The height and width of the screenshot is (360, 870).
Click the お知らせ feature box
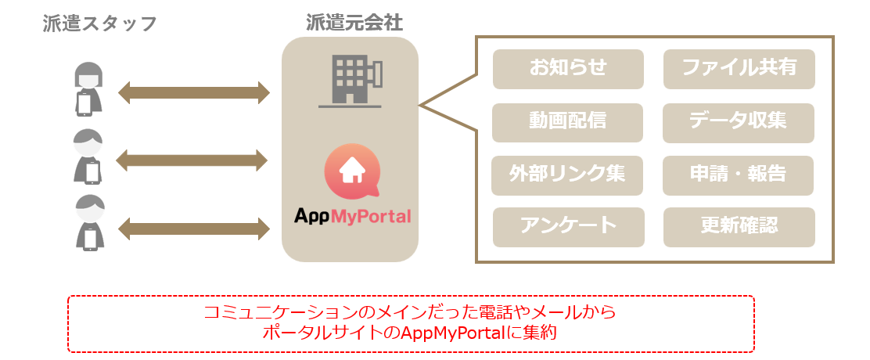[x=568, y=69]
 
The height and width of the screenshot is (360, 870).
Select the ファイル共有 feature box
[x=739, y=69]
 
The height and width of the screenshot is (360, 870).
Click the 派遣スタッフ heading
[x=100, y=23]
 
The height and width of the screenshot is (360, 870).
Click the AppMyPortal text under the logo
[x=352, y=216]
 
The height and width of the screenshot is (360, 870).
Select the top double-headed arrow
[x=193, y=93]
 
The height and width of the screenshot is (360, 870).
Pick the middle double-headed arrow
[x=192, y=161]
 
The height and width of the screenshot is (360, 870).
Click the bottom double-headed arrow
[x=193, y=229]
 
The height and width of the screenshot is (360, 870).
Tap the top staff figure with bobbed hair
[x=88, y=88]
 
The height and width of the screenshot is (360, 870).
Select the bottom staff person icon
[x=88, y=223]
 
